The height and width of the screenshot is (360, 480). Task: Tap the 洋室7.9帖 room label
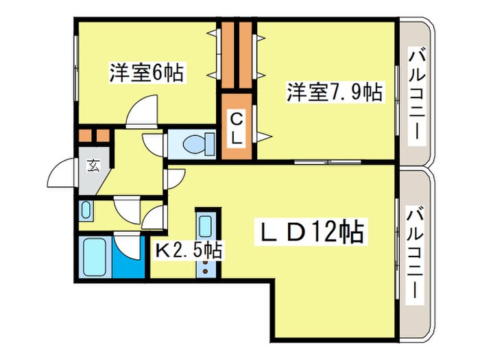[335, 92]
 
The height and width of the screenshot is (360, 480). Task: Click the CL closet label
[235, 128]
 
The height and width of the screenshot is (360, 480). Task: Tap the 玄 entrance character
[91, 165]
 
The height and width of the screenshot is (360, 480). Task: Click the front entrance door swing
[62, 175]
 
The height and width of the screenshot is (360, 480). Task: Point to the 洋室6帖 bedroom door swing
[145, 110]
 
